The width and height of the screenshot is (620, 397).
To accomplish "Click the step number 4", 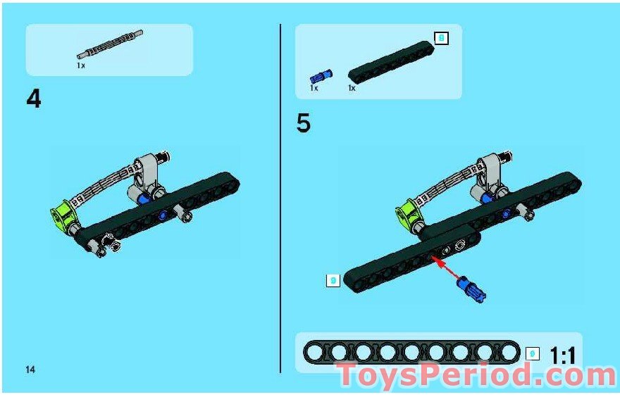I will [34, 99].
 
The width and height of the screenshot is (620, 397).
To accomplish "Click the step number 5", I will [303, 123].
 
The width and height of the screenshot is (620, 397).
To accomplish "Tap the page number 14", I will [30, 370].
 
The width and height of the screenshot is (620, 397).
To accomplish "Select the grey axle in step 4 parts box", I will [111, 44].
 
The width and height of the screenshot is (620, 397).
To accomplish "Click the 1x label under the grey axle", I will [81, 65].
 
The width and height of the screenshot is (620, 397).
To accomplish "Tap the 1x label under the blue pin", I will [314, 89].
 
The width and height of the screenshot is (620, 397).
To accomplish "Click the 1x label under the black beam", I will [352, 89].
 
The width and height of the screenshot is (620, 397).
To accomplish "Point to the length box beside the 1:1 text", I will [533, 354].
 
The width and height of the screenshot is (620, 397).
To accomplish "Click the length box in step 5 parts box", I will [441, 38].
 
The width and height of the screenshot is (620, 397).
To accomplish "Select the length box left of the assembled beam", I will [333, 281].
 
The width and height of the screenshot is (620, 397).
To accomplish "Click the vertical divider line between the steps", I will [280, 197].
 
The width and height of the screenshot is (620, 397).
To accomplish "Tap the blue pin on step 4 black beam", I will [163, 215].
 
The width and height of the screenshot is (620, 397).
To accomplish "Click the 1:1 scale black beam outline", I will [411, 352].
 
